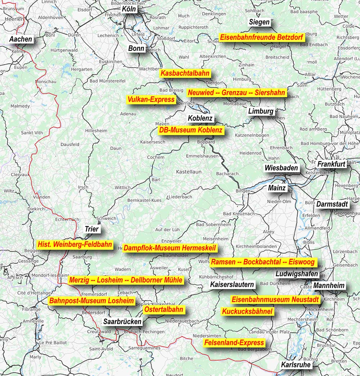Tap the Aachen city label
click(x=21, y=39)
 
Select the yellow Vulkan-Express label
click(x=151, y=100)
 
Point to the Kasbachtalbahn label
click(x=185, y=73)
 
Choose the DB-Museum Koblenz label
click(x=191, y=130)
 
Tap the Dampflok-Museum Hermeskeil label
click(x=170, y=248)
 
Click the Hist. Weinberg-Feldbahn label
click(x=75, y=245)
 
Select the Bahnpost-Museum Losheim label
click(x=92, y=301)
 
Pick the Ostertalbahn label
click(x=164, y=309)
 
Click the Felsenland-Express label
click(x=234, y=343)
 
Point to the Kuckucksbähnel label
click(x=247, y=311)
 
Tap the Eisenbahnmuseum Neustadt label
click(x=275, y=299)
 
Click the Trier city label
click(x=91, y=229)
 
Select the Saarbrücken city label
click(x=122, y=322)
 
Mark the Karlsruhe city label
click(x=296, y=365)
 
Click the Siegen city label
click(x=259, y=22)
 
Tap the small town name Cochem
click(x=156, y=157)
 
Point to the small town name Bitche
click(x=186, y=358)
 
